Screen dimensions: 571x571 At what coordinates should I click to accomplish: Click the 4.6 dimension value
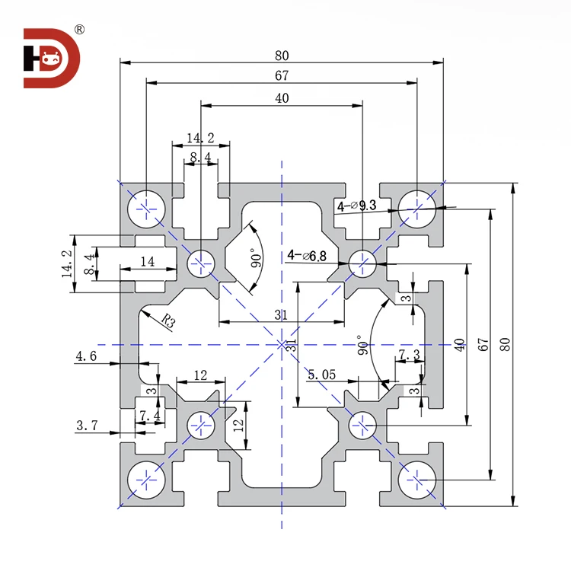[85, 356]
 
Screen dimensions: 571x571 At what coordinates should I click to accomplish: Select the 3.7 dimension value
[85, 426]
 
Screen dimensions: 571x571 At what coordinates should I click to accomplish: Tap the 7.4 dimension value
[149, 415]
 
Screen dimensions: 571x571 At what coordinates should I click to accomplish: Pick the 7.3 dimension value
[409, 356]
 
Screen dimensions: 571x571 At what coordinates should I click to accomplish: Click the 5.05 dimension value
[321, 374]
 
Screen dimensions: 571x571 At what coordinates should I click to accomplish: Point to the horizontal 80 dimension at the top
[282, 56]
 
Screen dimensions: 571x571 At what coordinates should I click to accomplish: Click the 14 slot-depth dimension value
[147, 261]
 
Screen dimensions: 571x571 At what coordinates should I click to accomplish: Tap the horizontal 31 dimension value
[281, 315]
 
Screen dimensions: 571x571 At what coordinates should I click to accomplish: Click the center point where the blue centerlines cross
[282, 345]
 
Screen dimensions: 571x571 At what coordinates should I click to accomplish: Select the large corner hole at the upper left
[147, 206]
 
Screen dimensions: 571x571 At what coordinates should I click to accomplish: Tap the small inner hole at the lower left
[202, 423]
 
